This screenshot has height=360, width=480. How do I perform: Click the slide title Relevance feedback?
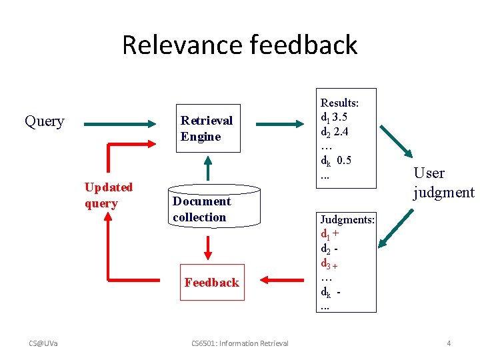pyautogui.click(x=239, y=45)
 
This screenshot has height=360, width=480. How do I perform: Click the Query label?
pyautogui.click(x=44, y=121)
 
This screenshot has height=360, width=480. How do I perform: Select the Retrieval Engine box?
pyautogui.click(x=207, y=128)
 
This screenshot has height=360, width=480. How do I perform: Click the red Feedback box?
pyautogui.click(x=211, y=283)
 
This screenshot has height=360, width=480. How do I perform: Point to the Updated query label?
pyautogui.click(x=108, y=195)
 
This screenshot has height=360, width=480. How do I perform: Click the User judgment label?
pyautogui.click(x=443, y=183)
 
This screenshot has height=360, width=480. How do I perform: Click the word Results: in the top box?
pyautogui.click(x=340, y=103)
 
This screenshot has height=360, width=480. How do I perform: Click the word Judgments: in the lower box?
pyautogui.click(x=347, y=219)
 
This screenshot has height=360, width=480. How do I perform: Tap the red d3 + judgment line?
pyautogui.click(x=331, y=263)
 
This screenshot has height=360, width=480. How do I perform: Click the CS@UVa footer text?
pyautogui.click(x=43, y=343)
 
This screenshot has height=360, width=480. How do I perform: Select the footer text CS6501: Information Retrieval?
pyautogui.click(x=239, y=343)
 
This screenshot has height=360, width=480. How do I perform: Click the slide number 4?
pyautogui.click(x=449, y=343)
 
